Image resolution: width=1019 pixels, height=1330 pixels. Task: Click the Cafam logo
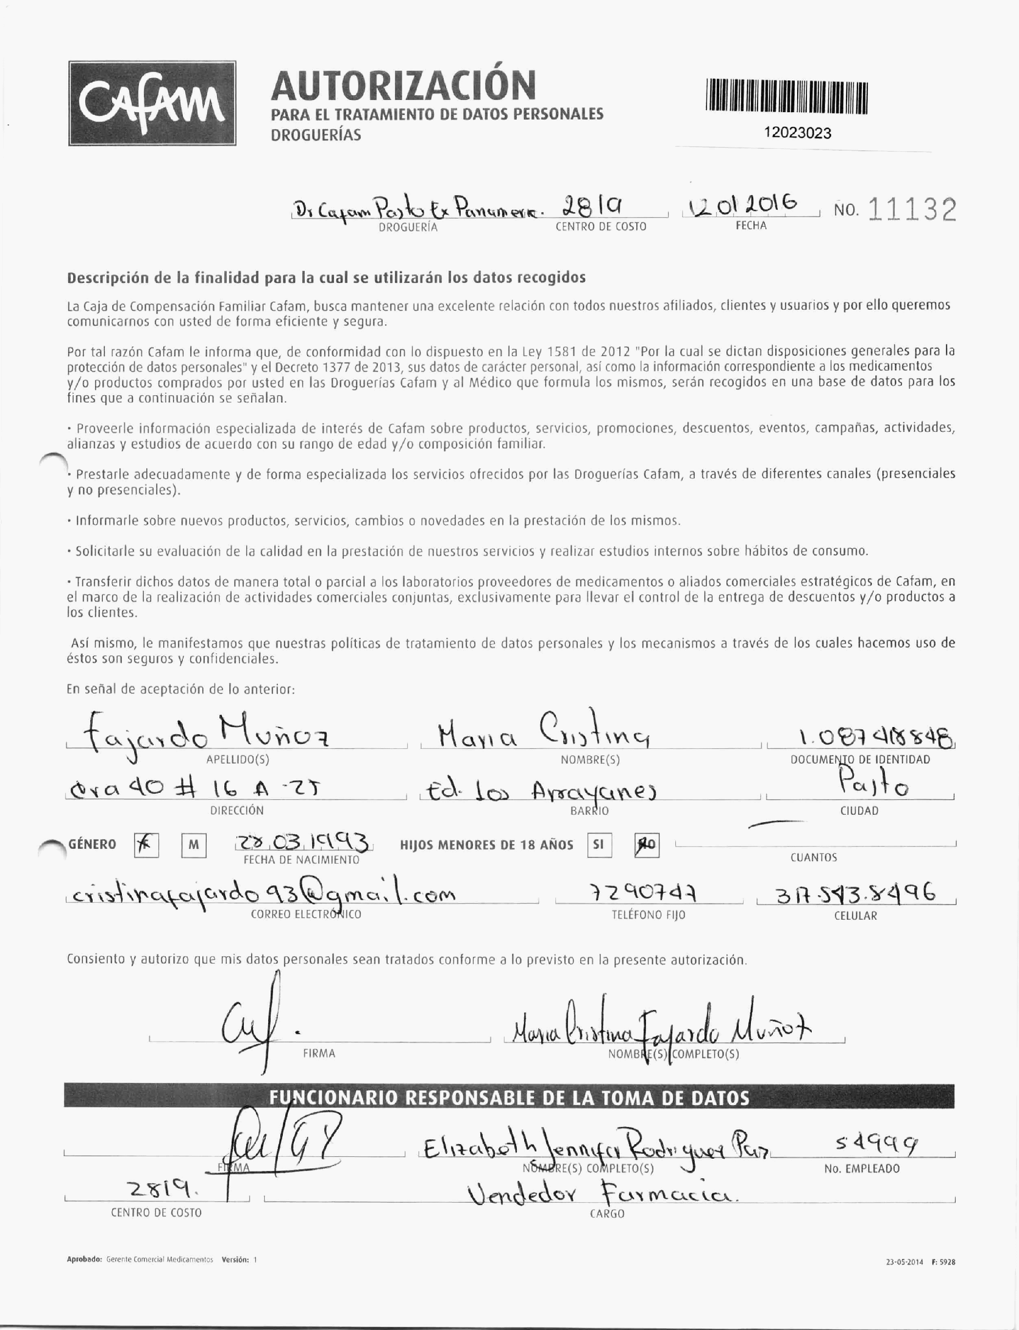pyautogui.click(x=152, y=103)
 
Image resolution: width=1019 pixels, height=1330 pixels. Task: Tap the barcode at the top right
pyautogui.click(x=787, y=97)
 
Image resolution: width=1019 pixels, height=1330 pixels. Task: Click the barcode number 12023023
pyautogui.click(x=798, y=133)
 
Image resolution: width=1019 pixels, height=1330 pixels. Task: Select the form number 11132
pyautogui.click(x=912, y=210)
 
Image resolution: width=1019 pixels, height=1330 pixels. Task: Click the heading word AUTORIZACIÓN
pyautogui.click(x=403, y=85)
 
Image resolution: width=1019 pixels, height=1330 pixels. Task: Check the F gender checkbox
pyautogui.click(x=146, y=845)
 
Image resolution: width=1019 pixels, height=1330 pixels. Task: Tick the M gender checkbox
pyautogui.click(x=194, y=845)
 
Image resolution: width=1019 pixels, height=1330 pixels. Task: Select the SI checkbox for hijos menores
pyautogui.click(x=599, y=845)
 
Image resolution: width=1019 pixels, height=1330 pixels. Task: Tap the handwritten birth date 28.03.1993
pyautogui.click(x=303, y=842)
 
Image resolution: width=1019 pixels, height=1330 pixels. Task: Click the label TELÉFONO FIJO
pyautogui.click(x=648, y=915)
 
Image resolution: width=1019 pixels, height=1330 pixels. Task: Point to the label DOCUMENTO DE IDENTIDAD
pyautogui.click(x=860, y=759)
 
